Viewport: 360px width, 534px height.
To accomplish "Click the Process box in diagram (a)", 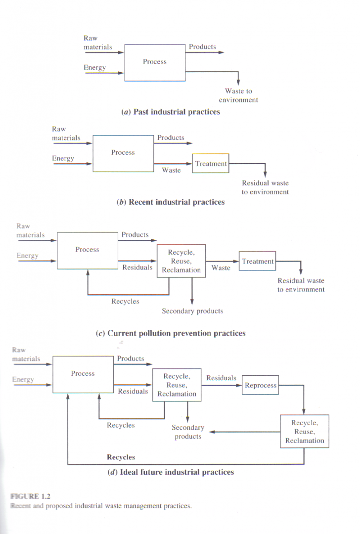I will (x=155, y=62).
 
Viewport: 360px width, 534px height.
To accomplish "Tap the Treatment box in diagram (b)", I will (x=211, y=164).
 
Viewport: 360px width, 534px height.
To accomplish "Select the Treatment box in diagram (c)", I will (x=257, y=262).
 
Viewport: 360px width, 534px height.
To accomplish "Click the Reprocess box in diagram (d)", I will (x=261, y=386).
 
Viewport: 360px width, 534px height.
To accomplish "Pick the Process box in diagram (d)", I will (x=83, y=374).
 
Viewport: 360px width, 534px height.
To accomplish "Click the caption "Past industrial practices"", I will (x=171, y=112).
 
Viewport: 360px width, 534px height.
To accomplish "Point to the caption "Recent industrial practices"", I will (x=171, y=202).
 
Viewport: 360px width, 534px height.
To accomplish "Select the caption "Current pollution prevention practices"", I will (x=171, y=333).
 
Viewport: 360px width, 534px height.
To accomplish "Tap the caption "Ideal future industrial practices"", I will (x=171, y=472).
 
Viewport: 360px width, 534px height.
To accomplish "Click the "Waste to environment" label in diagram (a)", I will (x=238, y=95).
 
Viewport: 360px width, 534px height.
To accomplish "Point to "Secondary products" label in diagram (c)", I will (x=192, y=311).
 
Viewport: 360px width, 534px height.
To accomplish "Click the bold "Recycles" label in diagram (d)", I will (x=121, y=457).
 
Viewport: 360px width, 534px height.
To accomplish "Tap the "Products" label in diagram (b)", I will (x=171, y=138).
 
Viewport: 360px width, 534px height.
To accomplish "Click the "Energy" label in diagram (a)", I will (x=94, y=68).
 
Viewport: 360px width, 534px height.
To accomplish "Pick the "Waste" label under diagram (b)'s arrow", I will (x=171, y=170).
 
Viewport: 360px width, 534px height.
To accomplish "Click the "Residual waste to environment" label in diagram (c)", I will (x=301, y=285).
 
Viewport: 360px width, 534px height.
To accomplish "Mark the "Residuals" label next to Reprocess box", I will (x=221, y=378).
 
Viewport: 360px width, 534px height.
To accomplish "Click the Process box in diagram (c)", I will (x=88, y=250).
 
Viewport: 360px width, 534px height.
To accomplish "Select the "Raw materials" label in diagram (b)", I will (x=66, y=133).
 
